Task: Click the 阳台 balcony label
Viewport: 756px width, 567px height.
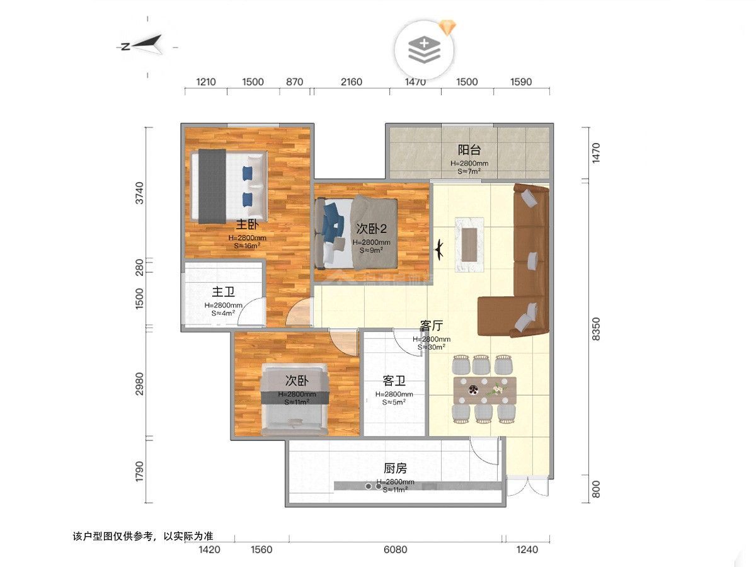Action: (x=469, y=150)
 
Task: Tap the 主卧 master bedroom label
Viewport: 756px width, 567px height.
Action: (x=247, y=224)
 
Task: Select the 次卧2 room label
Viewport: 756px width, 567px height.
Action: (x=371, y=229)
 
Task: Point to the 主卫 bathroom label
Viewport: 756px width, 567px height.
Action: (x=223, y=292)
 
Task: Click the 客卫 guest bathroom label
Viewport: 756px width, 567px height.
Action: (x=394, y=381)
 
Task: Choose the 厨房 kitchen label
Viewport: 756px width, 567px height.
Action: (x=395, y=468)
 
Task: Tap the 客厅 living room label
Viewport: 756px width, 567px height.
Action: (x=432, y=326)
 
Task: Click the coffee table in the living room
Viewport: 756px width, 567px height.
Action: (x=469, y=244)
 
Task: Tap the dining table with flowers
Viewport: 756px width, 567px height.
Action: (x=484, y=390)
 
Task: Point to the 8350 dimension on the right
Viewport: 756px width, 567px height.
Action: (x=596, y=328)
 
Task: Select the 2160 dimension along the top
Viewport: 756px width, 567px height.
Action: (x=351, y=82)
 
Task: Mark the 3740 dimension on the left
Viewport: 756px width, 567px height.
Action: (x=139, y=193)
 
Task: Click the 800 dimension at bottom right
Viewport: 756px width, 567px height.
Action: (x=596, y=489)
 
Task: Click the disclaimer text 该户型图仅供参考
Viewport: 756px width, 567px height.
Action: (x=144, y=537)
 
